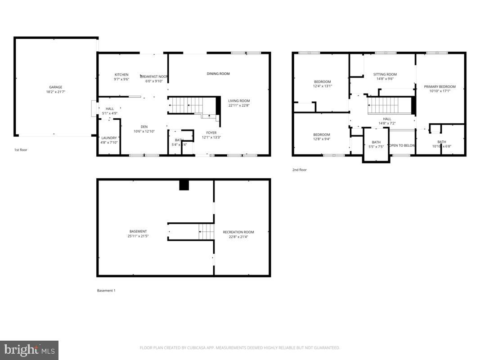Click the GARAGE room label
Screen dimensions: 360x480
(x=56, y=87)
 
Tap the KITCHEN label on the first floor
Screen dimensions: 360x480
(x=121, y=75)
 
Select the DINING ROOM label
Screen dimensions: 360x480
(x=218, y=74)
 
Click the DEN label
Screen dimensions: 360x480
(x=144, y=127)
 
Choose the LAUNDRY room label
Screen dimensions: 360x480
(x=109, y=138)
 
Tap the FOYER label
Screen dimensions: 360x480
(x=211, y=133)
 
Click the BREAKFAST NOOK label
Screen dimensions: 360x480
(x=154, y=76)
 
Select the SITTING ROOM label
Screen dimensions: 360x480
(x=385, y=75)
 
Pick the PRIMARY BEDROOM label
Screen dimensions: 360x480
(x=440, y=87)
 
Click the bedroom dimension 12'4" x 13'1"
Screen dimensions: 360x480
(x=323, y=86)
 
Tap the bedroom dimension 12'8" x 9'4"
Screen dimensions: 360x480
(x=322, y=139)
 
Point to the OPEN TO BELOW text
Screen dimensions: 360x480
(x=402, y=145)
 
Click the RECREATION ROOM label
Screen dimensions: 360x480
(x=238, y=232)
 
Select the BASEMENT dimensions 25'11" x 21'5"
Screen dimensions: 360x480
(x=138, y=236)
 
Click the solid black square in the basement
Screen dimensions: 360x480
(x=184, y=185)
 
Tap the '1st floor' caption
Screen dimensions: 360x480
(x=20, y=150)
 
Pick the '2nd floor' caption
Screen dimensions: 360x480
(x=300, y=170)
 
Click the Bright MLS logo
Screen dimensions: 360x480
(x=29, y=350)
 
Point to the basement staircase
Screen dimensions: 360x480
(x=206, y=232)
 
